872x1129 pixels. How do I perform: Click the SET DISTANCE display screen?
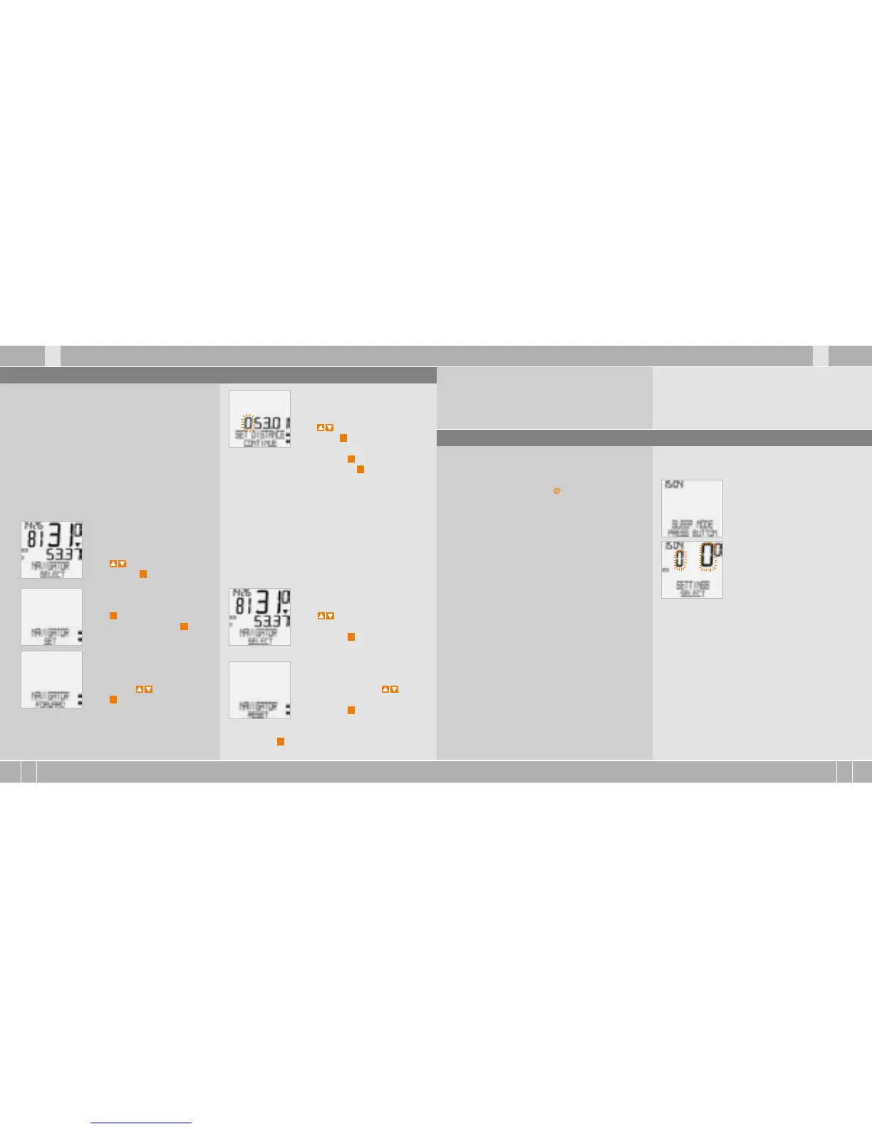[259, 418]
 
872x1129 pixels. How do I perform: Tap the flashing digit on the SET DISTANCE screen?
[249, 423]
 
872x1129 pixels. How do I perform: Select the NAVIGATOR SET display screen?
[51, 617]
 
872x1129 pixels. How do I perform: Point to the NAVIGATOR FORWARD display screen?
[51, 679]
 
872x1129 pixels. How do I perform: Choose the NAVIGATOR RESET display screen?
[259, 690]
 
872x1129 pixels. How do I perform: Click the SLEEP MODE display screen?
[692, 508]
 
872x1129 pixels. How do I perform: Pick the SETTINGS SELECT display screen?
[692, 569]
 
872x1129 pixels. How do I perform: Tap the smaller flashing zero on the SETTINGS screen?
[680, 559]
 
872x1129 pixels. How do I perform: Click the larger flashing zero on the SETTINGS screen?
[707, 556]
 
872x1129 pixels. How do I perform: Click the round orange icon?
[557, 491]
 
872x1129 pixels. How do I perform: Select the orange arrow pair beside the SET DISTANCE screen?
[325, 428]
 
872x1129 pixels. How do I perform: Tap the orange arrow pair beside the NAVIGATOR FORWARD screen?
[144, 689]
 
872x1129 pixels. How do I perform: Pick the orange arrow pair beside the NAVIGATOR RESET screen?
[390, 689]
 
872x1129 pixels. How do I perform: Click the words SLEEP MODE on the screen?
[692, 525]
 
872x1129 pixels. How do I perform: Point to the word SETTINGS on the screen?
[692, 585]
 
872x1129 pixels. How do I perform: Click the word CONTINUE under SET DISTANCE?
[260, 443]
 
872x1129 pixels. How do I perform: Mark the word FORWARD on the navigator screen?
[51, 704]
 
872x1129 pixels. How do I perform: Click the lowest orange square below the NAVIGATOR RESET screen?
[281, 742]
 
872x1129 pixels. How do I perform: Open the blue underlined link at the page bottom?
[141, 1123]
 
